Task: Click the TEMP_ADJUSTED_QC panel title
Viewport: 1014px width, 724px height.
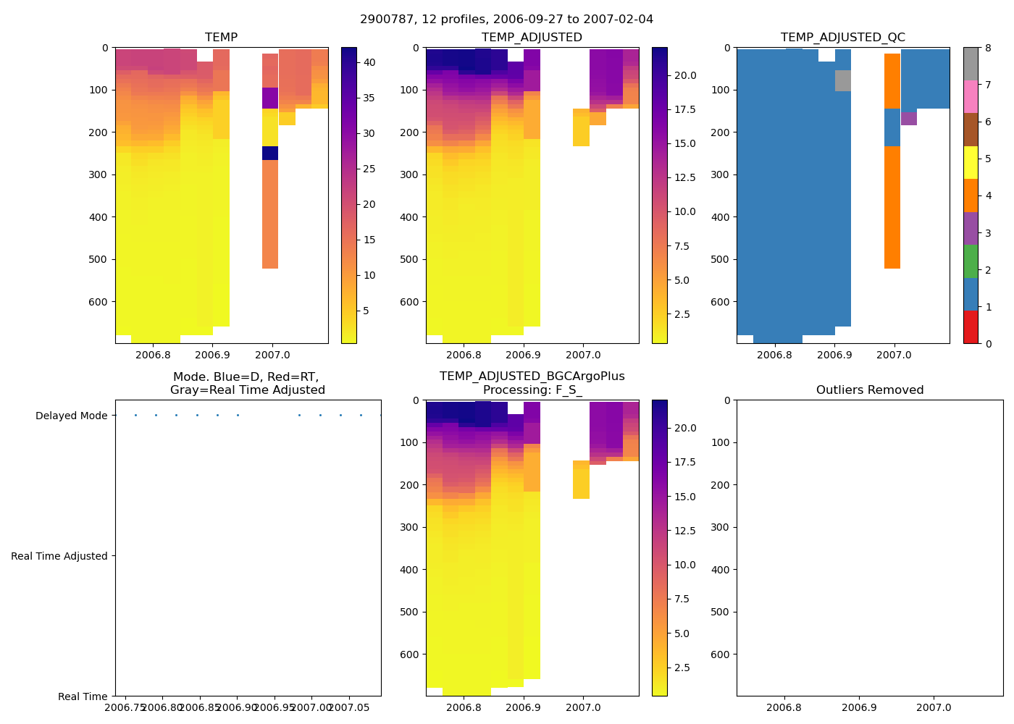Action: click(842, 38)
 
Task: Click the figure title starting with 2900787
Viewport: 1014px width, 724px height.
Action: click(506, 20)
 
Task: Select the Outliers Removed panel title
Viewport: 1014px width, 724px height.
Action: click(869, 390)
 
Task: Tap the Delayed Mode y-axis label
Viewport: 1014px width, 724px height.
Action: click(71, 416)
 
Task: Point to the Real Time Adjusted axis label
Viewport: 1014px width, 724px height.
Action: click(59, 556)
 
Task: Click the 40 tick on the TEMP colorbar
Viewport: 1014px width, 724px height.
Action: click(369, 62)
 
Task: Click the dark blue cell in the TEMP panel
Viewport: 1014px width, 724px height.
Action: click(270, 153)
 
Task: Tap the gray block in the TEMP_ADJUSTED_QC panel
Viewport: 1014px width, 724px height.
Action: click(843, 80)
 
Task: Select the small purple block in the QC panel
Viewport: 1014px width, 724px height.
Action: click(909, 119)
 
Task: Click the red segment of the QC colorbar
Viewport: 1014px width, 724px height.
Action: click(971, 327)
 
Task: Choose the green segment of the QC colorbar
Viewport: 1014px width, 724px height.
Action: click(971, 261)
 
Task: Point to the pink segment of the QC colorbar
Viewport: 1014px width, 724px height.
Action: click(971, 97)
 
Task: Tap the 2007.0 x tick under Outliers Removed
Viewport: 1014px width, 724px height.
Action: click(934, 707)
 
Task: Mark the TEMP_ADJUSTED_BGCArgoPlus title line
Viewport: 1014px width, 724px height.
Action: click(532, 376)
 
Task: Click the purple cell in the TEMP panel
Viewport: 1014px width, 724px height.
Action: click(270, 98)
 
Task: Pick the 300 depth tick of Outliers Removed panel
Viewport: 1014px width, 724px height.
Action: click(721, 527)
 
